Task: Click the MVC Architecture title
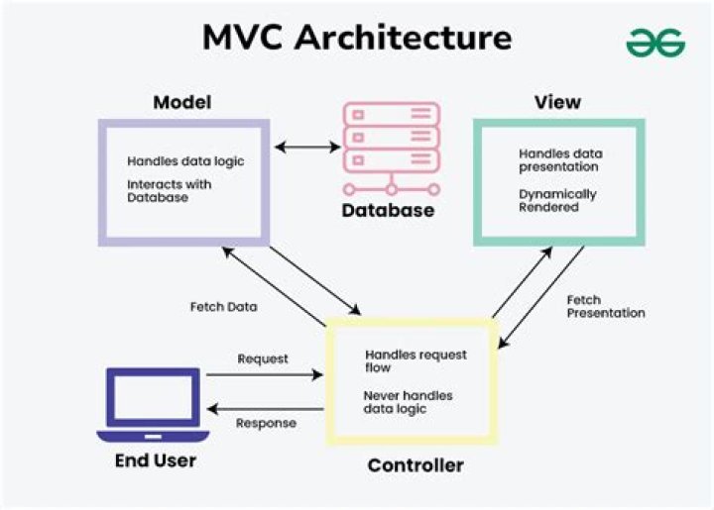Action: point(357,38)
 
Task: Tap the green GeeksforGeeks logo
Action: point(655,42)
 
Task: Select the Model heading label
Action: point(181,103)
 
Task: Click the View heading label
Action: point(557,103)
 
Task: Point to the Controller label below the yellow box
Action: point(415,465)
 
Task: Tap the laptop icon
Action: point(152,406)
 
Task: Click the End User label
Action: point(156,460)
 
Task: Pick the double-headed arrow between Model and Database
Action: point(307,148)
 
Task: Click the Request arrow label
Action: point(263,358)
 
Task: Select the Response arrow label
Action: point(265,423)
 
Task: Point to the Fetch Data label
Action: point(223,307)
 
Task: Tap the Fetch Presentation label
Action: point(606,306)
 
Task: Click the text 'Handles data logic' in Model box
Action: point(184,161)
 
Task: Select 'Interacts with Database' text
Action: point(169,190)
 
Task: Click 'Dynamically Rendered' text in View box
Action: point(557,201)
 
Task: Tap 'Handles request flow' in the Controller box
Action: point(416,360)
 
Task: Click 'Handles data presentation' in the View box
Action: point(560,160)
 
